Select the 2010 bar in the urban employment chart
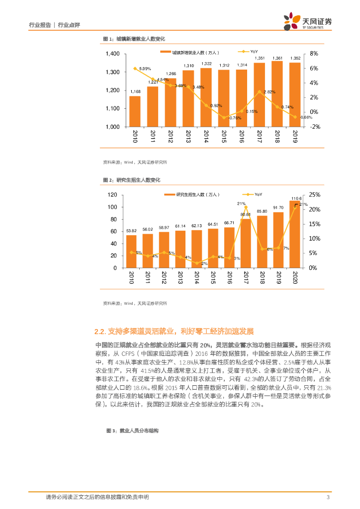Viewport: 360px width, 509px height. (135, 111)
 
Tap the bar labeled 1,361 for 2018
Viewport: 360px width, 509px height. (277, 93)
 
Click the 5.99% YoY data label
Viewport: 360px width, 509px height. (145, 68)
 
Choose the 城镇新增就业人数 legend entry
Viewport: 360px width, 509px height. (191, 52)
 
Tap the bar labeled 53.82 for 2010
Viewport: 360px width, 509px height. (131, 251)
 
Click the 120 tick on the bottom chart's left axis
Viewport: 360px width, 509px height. (112, 195)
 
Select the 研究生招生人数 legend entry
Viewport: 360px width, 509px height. (195, 194)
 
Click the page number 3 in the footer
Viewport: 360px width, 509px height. (328, 497)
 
